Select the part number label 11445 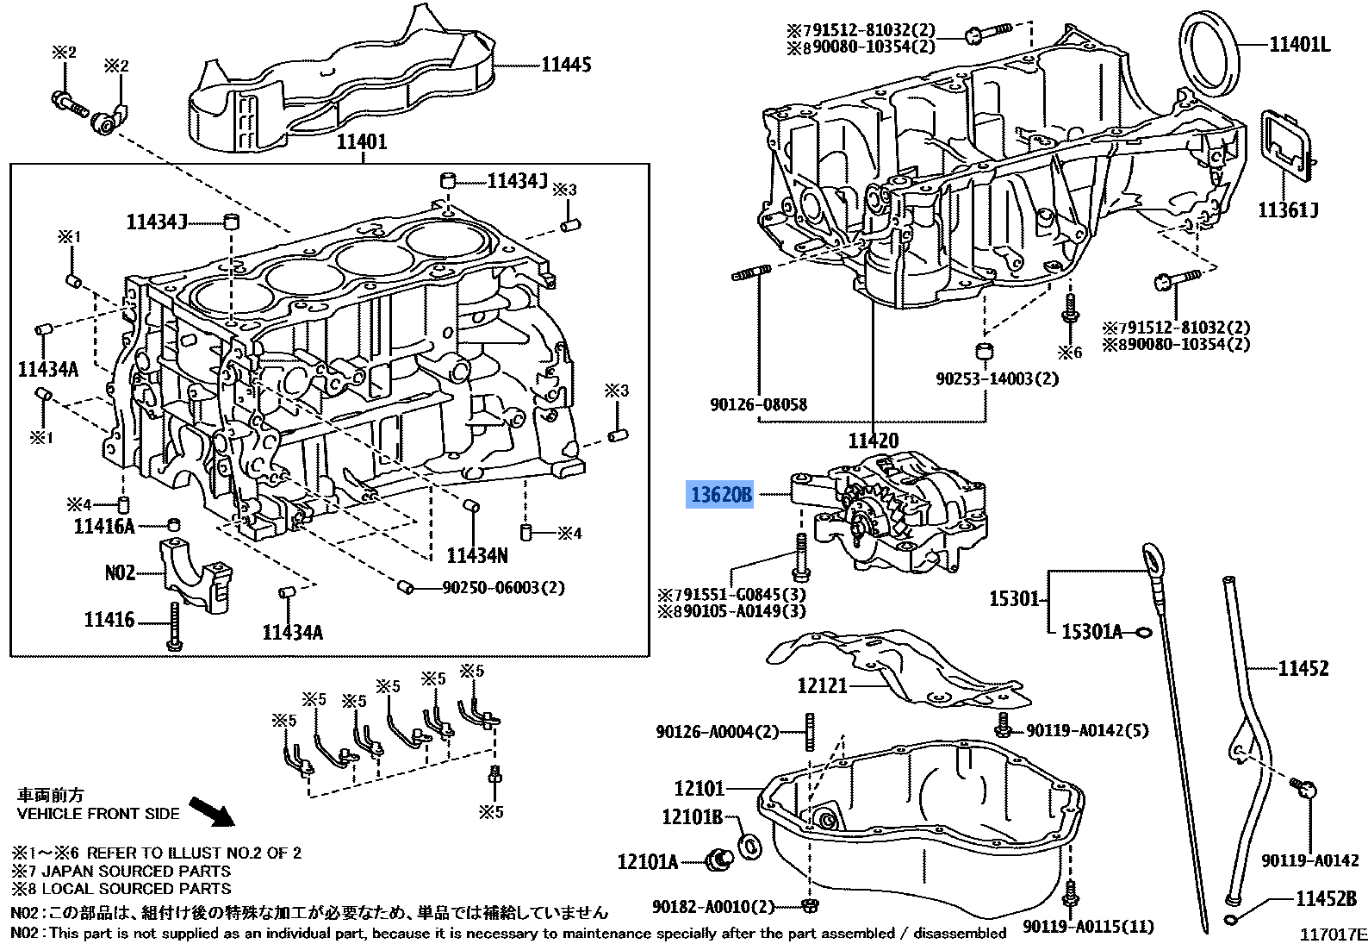566,65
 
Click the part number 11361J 1289,209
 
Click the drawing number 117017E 1333,934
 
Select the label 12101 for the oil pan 700,788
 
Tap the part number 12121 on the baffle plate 822,685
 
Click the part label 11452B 1326,898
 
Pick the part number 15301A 1091,632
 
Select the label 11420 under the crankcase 874,441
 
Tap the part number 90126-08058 759,404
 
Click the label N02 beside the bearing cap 120,572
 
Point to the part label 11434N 477,555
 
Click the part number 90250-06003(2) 503,587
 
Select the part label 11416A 104,526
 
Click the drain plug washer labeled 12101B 749,845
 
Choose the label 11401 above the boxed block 361,142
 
